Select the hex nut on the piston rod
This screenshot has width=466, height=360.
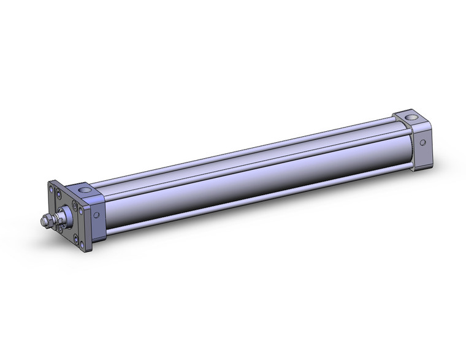coord(48,218)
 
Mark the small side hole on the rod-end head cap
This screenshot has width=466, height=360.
coord(96,215)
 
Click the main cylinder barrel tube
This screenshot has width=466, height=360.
coord(245,178)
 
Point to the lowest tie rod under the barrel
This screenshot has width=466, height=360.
coord(245,205)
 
